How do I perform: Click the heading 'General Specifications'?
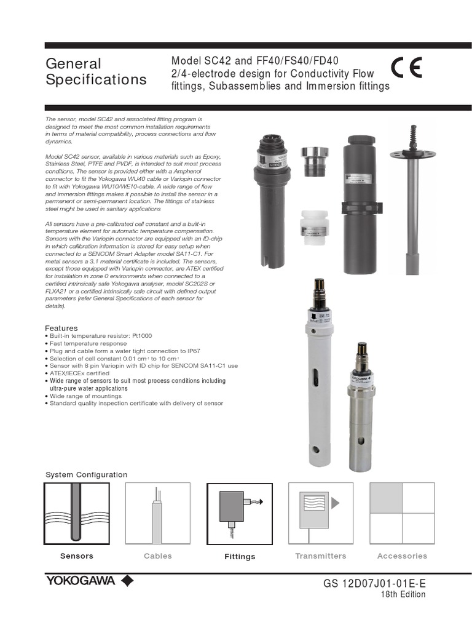pos(96,71)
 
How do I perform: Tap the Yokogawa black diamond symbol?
pos(127,581)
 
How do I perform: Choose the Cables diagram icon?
pos(157,514)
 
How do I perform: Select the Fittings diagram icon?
pos(239,514)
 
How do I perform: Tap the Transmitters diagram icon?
pos(320,514)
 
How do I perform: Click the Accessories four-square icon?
pos(402,514)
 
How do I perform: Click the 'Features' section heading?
pos(61,329)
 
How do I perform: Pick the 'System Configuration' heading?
pos(87,474)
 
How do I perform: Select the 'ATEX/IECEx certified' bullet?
pos(79,373)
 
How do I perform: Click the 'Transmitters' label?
pos(320,556)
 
